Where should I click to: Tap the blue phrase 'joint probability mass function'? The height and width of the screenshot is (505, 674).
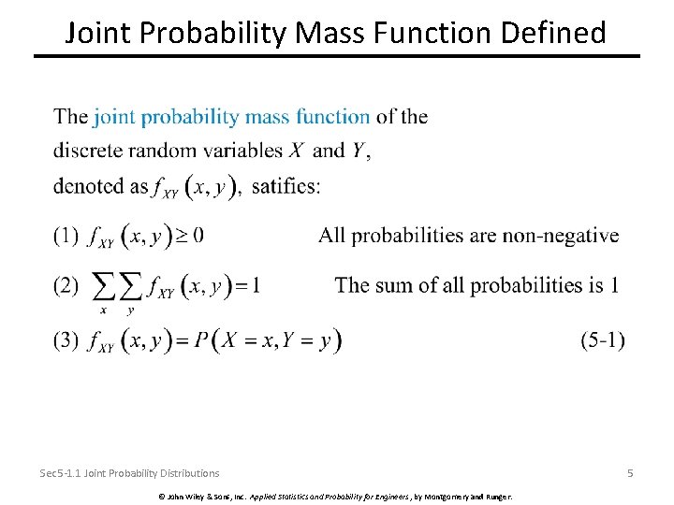pos(232,117)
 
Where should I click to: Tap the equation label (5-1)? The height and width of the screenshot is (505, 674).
pos(603,340)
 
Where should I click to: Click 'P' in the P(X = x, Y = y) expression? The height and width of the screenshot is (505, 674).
pos(202,341)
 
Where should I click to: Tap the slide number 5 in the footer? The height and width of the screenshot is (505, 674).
pos(630,473)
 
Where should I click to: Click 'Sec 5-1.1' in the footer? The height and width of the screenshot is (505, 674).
pos(60,473)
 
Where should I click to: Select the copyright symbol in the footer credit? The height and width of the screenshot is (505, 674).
pos(162,495)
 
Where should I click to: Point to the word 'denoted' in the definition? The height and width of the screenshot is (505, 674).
pos(86,185)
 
